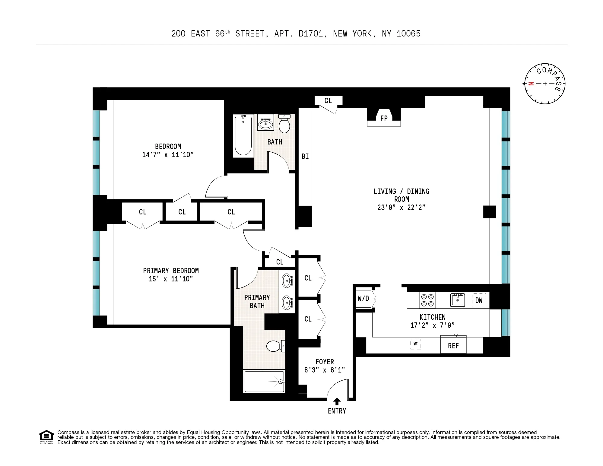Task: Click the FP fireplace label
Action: [384, 119]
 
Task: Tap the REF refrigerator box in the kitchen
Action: [453, 346]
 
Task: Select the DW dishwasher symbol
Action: [479, 300]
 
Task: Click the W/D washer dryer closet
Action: [363, 299]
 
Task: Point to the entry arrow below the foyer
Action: [337, 402]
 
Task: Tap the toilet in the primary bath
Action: [275, 346]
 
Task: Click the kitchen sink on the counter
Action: [458, 300]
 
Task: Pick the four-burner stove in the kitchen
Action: [427, 300]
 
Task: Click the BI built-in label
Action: [305, 157]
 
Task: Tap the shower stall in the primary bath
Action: [264, 382]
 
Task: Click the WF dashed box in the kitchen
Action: [415, 344]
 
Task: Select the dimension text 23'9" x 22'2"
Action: [401, 208]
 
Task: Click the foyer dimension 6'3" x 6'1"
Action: [325, 370]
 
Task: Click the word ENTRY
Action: [337, 411]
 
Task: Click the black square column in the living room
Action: [489, 212]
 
